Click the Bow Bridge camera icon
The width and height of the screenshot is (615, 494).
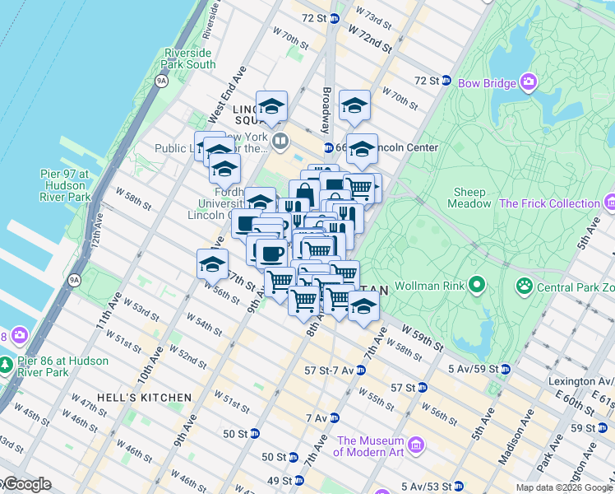point(527,82)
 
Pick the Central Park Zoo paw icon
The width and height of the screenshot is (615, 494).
point(523,287)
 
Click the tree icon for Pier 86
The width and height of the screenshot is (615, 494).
point(7,363)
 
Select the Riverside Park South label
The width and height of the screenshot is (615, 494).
point(190,58)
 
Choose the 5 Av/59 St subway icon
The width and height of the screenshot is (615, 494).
point(505,368)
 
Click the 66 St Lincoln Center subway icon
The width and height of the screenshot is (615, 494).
point(327,147)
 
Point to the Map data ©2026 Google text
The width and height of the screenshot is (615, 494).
point(563,487)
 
